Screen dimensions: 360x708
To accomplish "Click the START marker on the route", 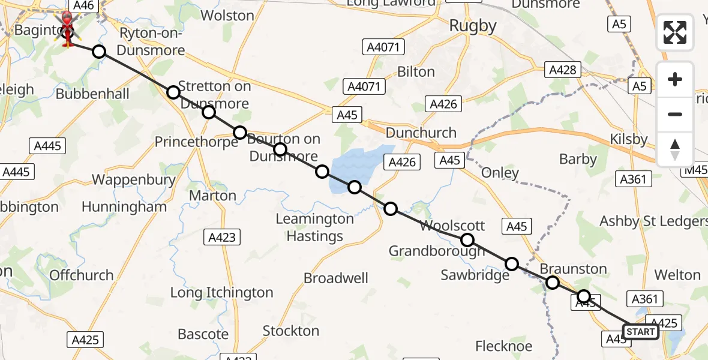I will click(640, 332).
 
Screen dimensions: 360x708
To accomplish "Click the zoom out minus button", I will click(675, 114).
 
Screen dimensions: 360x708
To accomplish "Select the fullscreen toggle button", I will click(675, 32).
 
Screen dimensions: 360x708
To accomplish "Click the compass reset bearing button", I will click(675, 149).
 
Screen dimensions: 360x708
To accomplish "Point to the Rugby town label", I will click(473, 26).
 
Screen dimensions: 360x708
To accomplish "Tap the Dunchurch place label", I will click(421, 133).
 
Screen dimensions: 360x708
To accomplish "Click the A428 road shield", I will click(563, 70).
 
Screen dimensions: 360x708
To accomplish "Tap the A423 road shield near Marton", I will click(221, 236).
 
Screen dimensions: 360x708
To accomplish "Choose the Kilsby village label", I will click(628, 140).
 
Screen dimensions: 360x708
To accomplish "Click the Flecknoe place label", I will click(503, 346).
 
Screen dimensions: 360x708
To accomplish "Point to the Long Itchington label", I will click(221, 293).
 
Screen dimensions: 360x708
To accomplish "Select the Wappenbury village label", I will click(133, 179).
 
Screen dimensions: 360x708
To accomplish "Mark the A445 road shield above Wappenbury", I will click(47, 145).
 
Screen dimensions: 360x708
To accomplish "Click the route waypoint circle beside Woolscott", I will click(467, 241).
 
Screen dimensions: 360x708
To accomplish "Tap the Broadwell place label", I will click(336, 278).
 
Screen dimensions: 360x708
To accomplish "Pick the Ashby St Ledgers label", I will click(653, 221).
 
